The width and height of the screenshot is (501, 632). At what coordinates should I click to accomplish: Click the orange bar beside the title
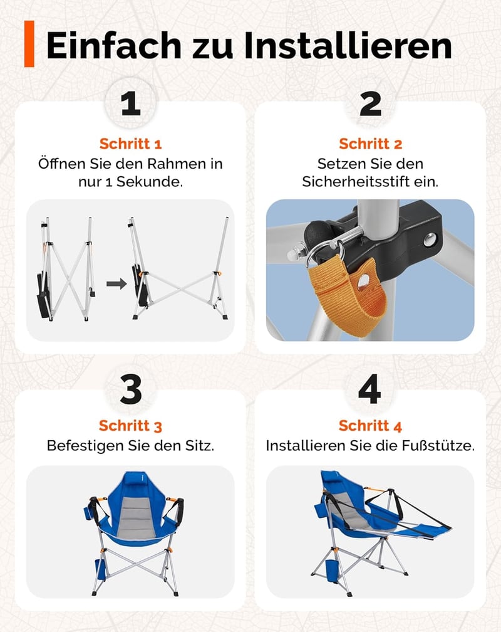tap(29, 43)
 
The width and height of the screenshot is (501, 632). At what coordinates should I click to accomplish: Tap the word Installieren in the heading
tap(348, 45)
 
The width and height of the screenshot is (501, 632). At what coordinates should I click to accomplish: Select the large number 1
tap(130, 103)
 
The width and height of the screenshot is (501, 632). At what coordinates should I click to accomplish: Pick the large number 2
tap(370, 103)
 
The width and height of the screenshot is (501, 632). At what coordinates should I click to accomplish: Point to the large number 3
tap(131, 389)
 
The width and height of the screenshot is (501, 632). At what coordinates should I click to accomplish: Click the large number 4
tap(369, 389)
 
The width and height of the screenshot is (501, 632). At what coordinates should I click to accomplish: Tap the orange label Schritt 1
tap(130, 144)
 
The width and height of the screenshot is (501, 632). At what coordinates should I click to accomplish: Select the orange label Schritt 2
tap(371, 144)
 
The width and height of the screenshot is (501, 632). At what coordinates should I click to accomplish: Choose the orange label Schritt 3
tap(130, 426)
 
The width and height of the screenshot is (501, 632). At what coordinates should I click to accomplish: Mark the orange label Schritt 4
tap(371, 426)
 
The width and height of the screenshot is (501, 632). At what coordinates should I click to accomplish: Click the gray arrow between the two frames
tap(116, 284)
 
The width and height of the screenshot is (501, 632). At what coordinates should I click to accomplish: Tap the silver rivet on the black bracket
tap(430, 240)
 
